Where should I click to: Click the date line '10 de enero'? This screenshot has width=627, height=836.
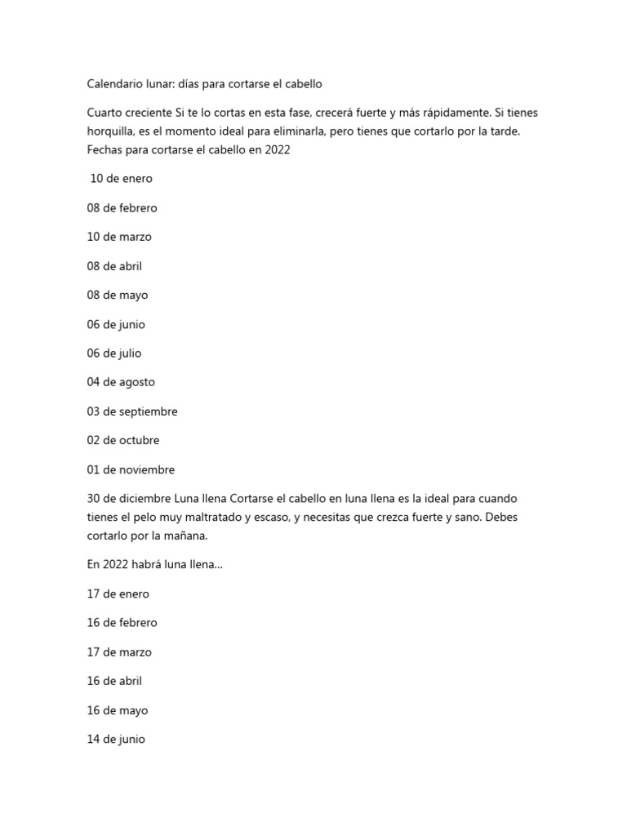(x=121, y=179)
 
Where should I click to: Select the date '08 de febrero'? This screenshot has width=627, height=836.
(x=122, y=208)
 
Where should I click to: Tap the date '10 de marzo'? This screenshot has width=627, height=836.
(x=119, y=237)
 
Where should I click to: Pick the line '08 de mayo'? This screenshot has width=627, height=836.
(x=118, y=296)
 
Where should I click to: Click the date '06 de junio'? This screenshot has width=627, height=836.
(x=116, y=324)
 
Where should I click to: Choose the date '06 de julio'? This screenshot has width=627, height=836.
(x=114, y=354)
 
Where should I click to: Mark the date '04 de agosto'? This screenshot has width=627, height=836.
(x=121, y=382)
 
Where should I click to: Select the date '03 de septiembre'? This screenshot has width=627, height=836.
(x=132, y=411)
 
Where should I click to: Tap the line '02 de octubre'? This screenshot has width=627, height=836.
(x=123, y=441)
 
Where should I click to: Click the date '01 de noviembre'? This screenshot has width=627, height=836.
(x=131, y=469)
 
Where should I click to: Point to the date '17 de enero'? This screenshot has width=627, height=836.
(x=118, y=594)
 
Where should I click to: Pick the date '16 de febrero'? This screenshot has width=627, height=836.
(x=122, y=623)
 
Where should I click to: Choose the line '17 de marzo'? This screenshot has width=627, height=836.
(x=119, y=652)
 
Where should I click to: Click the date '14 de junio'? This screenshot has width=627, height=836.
(x=116, y=740)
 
